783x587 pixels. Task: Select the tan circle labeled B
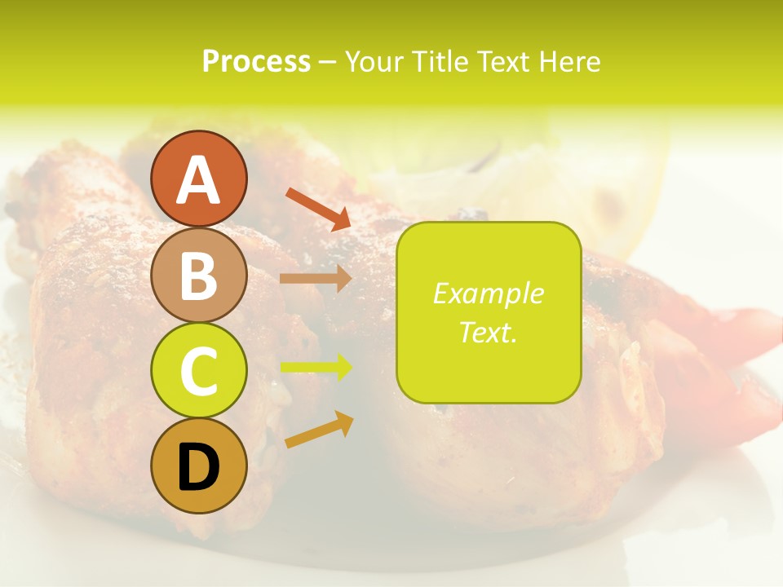pos(199,276)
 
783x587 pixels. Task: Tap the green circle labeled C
pos(199,371)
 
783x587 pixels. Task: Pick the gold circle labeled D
pos(199,466)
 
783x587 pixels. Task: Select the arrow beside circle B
pos(316,278)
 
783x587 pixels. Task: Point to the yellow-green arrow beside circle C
pos(316,368)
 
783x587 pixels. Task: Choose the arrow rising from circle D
pos(319,430)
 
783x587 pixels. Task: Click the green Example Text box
pos(489,312)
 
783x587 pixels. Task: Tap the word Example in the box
pos(489,293)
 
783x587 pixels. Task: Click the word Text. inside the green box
pos(489,332)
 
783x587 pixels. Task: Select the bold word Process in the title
pos(256,61)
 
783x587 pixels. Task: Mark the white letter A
pos(199,179)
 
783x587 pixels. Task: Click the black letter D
pos(199,468)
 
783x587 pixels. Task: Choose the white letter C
pos(199,373)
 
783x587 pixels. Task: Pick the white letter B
pos(199,276)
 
